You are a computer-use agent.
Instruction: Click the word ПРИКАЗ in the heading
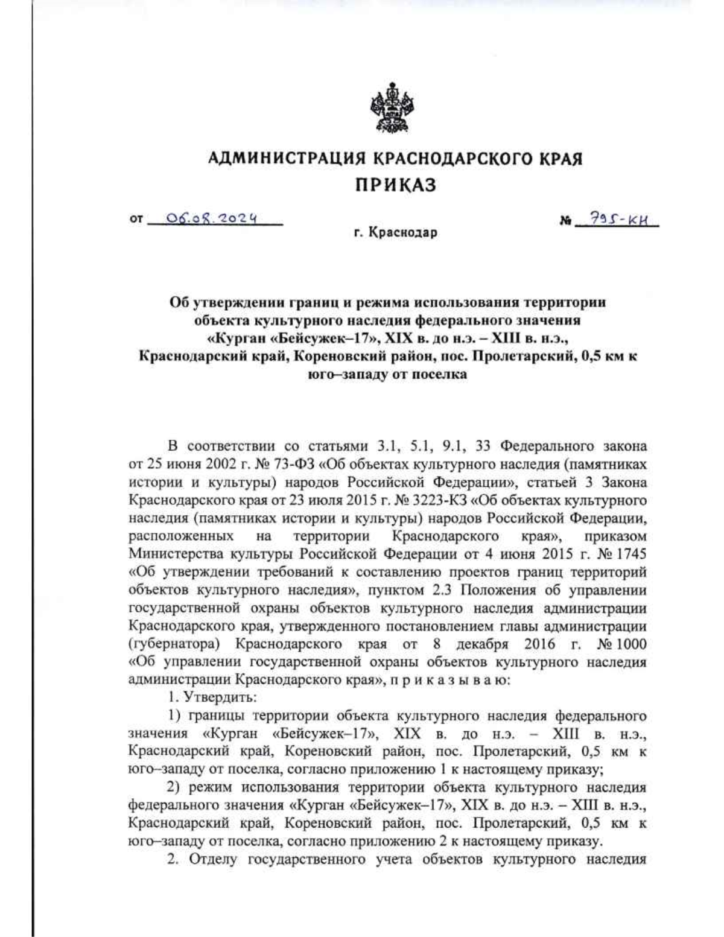click(x=395, y=185)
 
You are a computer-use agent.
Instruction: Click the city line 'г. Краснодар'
click(x=395, y=233)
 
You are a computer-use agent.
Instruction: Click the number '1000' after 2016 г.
click(x=631, y=644)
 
